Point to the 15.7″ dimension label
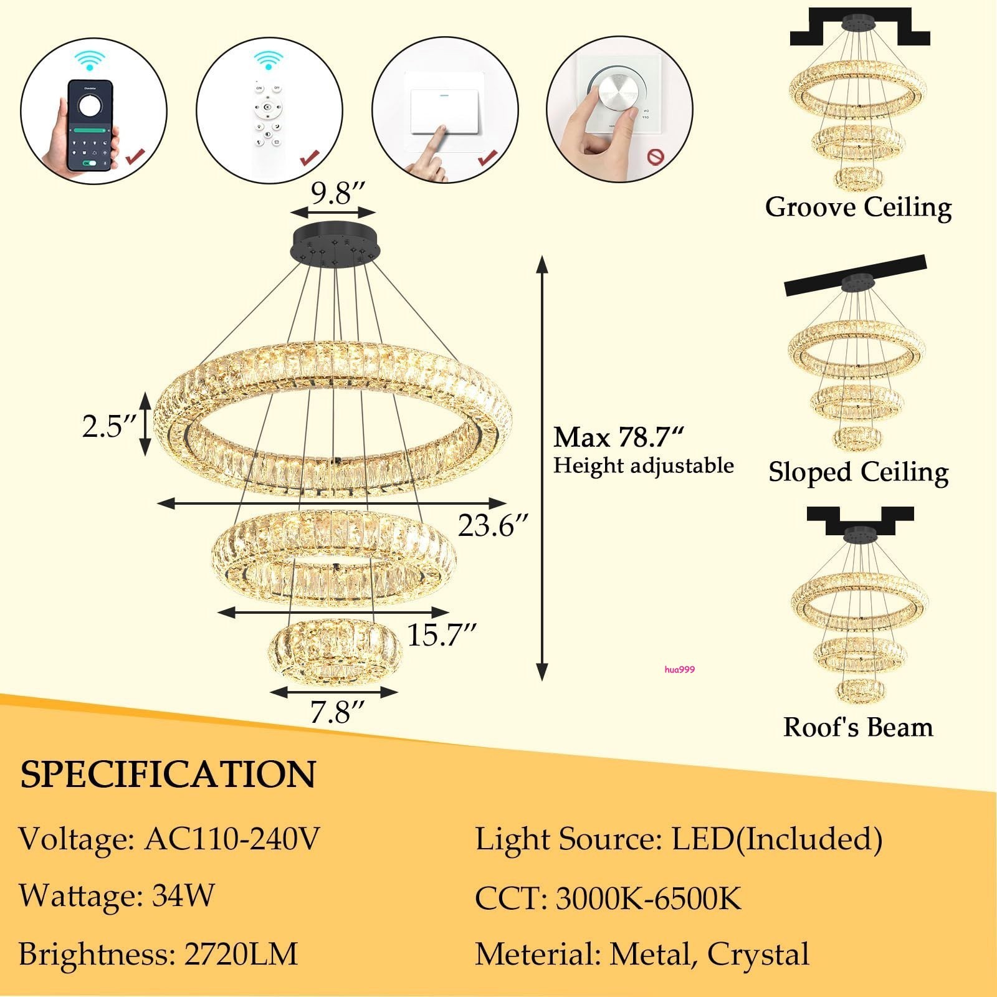tap(442, 635)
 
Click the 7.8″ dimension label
tap(336, 712)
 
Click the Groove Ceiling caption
tap(858, 208)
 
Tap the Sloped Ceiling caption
tap(858, 472)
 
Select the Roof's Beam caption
tap(858, 727)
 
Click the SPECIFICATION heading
tap(168, 775)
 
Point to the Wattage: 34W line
tap(117, 896)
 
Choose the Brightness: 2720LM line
tap(158, 954)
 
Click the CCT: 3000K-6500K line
tap(608, 899)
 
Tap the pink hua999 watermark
tap(679, 670)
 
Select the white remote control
tap(268, 125)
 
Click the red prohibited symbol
tap(654, 156)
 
